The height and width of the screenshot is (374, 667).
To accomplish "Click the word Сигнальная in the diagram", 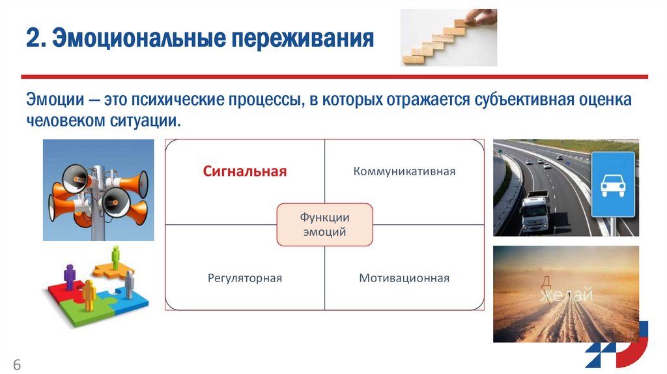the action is pyautogui.click(x=244, y=172).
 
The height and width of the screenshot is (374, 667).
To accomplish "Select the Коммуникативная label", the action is pyautogui.click(x=404, y=172).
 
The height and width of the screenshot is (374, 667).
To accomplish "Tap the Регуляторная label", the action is pyautogui.click(x=244, y=278).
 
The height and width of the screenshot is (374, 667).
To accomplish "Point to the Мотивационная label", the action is pyautogui.click(x=404, y=278).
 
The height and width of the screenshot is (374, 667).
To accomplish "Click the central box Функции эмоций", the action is pyautogui.click(x=324, y=224).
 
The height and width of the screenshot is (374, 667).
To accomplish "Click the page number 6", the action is pyautogui.click(x=17, y=364).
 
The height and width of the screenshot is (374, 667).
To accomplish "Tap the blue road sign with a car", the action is pyautogui.click(x=612, y=185).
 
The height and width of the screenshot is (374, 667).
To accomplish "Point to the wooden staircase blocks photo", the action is pyautogui.click(x=448, y=38).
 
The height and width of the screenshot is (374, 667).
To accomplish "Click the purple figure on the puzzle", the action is pyautogui.click(x=70, y=275).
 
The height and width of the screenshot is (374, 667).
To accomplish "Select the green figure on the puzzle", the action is pyautogui.click(x=115, y=256).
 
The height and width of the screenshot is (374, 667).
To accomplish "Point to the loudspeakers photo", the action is pyautogui.click(x=98, y=190).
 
